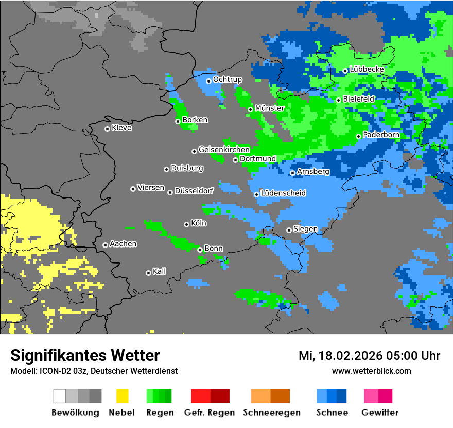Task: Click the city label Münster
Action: tap(270, 108)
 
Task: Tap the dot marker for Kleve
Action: tap(107, 129)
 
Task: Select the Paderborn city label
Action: tap(381, 135)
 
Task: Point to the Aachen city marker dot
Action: tap(105, 245)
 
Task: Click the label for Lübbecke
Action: tap(367, 69)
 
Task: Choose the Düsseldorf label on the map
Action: tap(194, 191)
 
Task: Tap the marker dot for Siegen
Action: tap(289, 230)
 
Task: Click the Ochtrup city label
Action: tap(227, 79)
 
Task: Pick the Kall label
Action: tap(160, 271)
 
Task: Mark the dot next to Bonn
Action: tap(200, 250)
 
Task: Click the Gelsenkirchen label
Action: tap(224, 150)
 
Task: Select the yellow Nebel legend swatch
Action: tap(122, 396)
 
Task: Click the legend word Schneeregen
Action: tap(272, 413)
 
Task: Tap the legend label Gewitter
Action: tap(380, 413)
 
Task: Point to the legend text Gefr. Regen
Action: tap(210, 413)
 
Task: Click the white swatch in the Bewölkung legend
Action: tap(60, 396)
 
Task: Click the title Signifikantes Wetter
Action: tap(85, 355)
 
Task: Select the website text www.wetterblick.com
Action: tap(371, 371)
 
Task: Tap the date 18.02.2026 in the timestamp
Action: tap(350, 356)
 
